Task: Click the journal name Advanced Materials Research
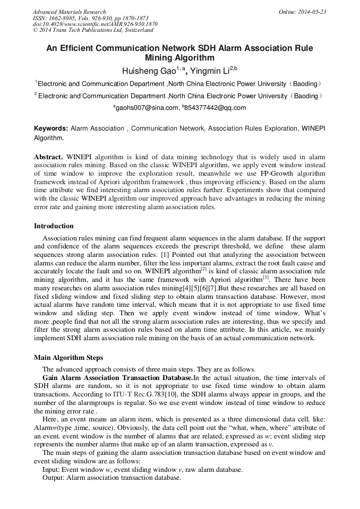tap(69, 12)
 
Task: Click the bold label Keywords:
tap(51, 128)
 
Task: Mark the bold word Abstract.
tap(48, 158)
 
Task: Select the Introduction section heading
tap(54, 226)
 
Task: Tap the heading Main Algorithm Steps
tap(68, 357)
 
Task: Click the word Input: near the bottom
tap(52, 469)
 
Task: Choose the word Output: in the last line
tap(54, 477)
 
